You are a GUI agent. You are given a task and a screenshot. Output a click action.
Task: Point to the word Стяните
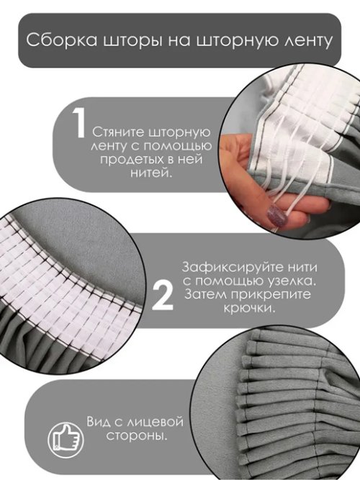pos(114,133)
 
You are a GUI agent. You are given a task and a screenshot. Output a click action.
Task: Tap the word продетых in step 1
pos(123,160)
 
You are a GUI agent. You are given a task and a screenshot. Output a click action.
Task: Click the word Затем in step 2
pos(204,295)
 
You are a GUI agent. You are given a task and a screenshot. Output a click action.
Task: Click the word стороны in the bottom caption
pos(138,437)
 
